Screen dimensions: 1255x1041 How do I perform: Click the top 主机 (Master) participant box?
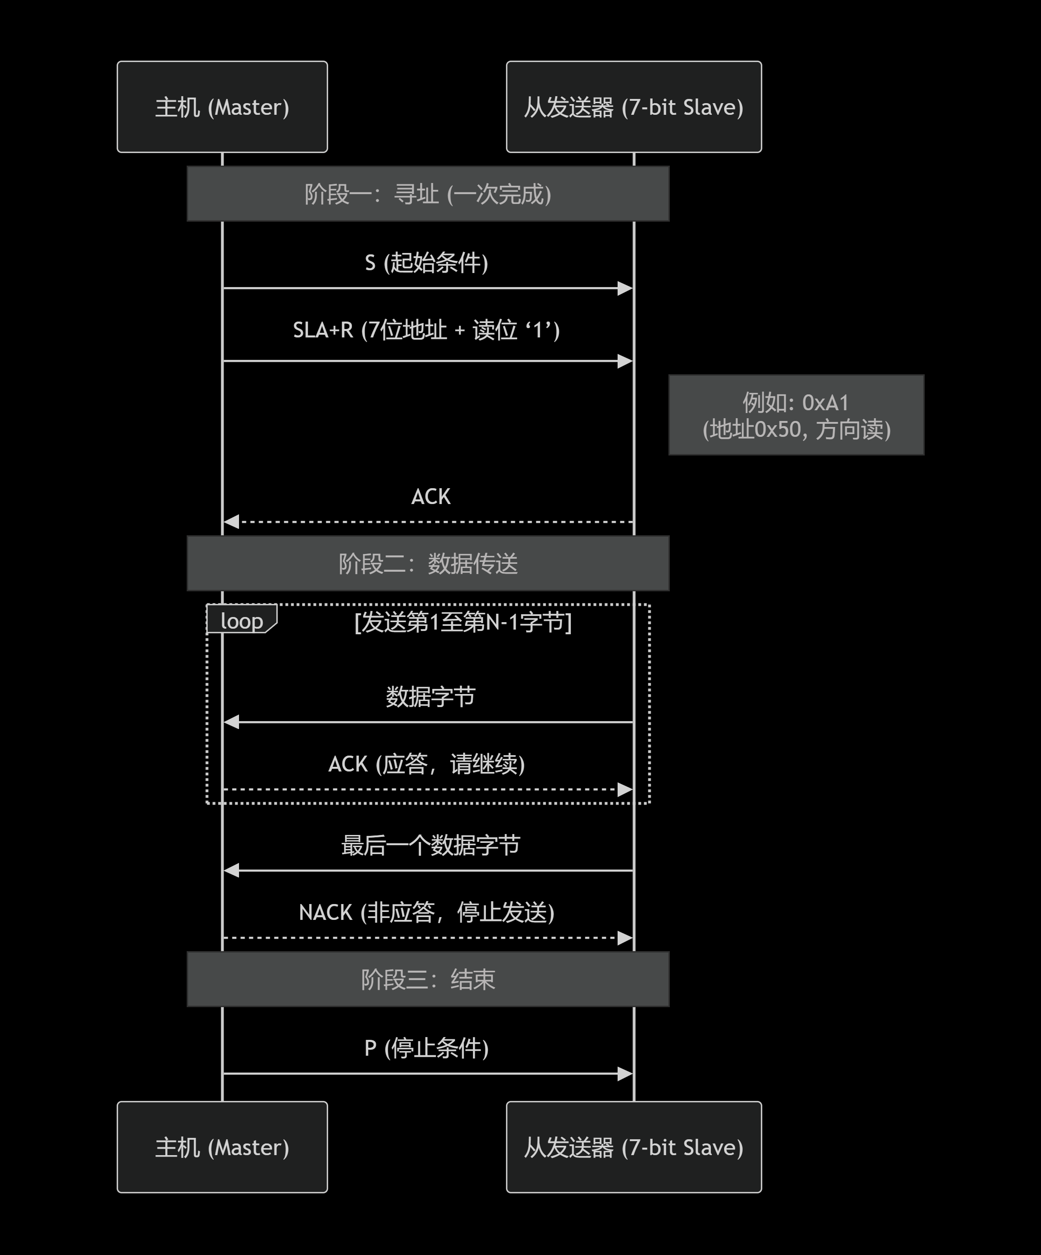click(x=222, y=107)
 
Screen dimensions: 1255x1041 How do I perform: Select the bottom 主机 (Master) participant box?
click(x=222, y=1148)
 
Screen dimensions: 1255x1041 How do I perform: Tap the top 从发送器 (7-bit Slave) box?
click(x=633, y=107)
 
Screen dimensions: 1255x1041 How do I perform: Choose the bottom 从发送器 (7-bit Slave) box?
click(x=633, y=1148)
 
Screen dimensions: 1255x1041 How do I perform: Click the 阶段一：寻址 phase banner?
click(x=428, y=194)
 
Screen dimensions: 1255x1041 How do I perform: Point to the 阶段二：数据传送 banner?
click(x=428, y=563)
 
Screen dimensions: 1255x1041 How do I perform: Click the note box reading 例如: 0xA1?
click(x=796, y=415)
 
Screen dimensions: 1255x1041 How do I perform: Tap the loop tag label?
click(x=241, y=621)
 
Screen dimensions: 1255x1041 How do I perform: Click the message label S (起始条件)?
click(x=427, y=263)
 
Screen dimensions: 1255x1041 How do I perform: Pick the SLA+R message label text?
click(x=426, y=330)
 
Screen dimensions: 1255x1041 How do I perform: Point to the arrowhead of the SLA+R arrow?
click(x=625, y=361)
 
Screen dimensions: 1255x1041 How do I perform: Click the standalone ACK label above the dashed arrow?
click(x=431, y=497)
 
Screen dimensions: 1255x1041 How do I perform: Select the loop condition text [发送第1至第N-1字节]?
click(x=463, y=622)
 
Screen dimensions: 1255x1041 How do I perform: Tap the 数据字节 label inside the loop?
click(x=430, y=697)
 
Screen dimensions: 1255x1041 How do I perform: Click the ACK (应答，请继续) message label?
click(x=427, y=764)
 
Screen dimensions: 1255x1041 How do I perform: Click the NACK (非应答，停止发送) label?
click(x=427, y=912)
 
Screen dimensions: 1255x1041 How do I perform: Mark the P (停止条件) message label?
click(x=427, y=1048)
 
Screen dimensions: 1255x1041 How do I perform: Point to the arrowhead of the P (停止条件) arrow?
click(x=625, y=1074)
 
